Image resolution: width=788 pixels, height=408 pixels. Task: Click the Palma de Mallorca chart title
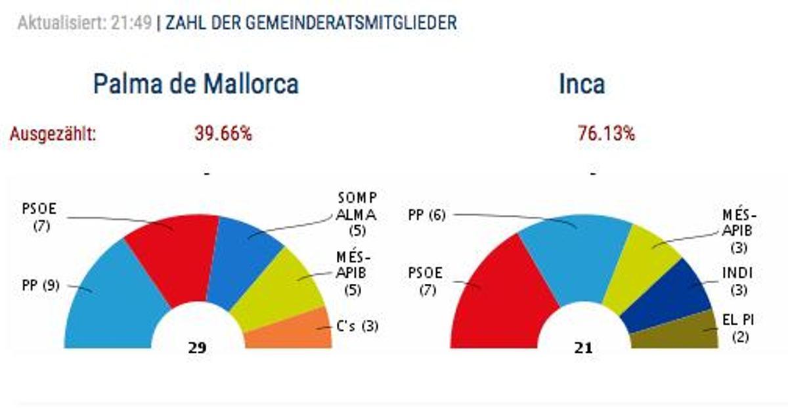click(196, 85)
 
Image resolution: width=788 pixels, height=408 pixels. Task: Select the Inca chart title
click(582, 85)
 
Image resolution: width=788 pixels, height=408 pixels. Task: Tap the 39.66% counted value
click(223, 134)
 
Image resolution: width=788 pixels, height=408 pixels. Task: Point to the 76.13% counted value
click(606, 134)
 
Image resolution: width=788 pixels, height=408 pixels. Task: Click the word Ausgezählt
click(53, 135)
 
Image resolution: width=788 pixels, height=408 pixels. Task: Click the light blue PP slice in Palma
click(112, 302)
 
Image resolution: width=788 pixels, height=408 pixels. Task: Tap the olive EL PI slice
click(683, 332)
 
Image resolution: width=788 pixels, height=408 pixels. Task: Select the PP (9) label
click(41, 286)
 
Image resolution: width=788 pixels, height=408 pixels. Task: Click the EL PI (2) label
click(737, 329)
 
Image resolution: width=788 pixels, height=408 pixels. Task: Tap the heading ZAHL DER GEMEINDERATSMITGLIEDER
click(311, 23)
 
